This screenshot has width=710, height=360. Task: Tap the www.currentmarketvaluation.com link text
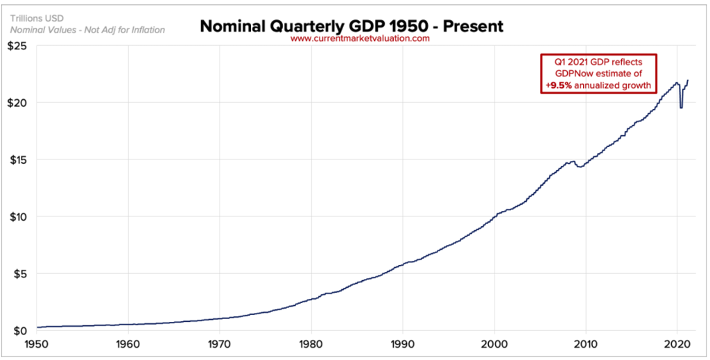[360, 39]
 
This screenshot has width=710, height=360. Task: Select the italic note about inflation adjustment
[87, 31]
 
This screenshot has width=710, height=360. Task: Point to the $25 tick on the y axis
[19, 46]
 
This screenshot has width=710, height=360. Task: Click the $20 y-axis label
[19, 103]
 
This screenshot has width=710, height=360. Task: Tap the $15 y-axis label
[19, 160]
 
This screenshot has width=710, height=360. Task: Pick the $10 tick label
[19, 217]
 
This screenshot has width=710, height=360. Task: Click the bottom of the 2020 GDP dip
[681, 108]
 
